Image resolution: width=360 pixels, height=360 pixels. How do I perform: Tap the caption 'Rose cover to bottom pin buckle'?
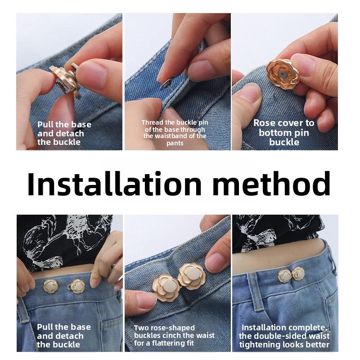pos(284,132)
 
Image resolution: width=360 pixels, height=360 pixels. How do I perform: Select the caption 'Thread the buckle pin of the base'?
pos(175,126)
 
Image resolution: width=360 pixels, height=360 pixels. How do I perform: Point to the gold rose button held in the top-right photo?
pos(283,73)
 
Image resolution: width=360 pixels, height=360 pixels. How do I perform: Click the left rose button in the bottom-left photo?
pos(50,285)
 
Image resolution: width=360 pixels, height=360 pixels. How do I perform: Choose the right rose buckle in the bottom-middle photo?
pos(191,276)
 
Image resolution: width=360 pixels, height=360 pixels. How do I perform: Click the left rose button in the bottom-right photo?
pos(284,275)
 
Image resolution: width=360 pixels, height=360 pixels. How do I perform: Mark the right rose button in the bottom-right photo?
pos(298,273)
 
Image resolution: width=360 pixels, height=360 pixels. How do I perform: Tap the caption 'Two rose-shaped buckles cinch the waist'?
pos(174,332)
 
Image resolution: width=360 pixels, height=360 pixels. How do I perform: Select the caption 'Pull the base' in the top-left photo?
pos(64,125)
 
